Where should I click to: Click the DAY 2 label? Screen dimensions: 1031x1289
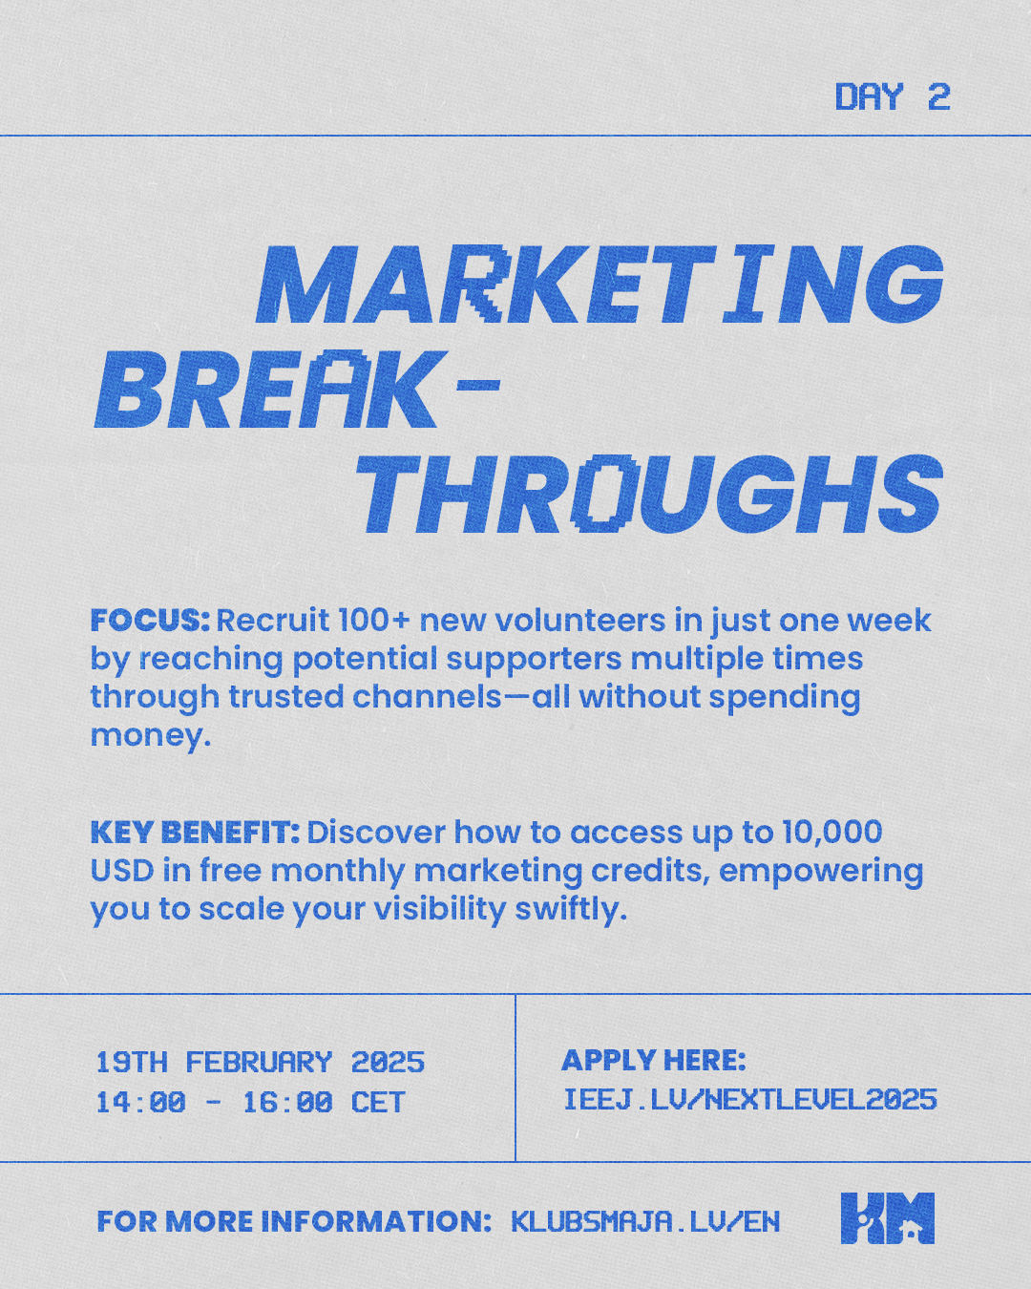pyautogui.click(x=893, y=96)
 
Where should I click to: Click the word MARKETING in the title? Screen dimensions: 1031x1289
pyautogui.click(x=600, y=285)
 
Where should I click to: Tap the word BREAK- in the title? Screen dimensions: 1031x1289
pyautogui.click(x=297, y=390)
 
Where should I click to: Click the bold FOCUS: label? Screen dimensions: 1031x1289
pyautogui.click(x=151, y=621)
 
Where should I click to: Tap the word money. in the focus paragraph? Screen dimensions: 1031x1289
pyautogui.click(x=151, y=735)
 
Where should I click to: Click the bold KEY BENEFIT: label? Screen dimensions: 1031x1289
pyautogui.click(x=196, y=833)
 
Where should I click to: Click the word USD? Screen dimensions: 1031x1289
pyautogui.click(x=122, y=871)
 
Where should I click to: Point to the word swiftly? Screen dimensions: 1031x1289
pyautogui.click(x=571, y=909)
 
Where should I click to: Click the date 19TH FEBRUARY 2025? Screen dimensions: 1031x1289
pyautogui.click(x=260, y=1063)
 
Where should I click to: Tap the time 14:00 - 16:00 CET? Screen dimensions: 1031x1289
pyautogui.click(x=251, y=1103)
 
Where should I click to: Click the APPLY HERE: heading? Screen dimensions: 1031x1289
pyautogui.click(x=654, y=1060)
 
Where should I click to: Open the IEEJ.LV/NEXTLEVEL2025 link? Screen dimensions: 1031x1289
pyautogui.click(x=750, y=1100)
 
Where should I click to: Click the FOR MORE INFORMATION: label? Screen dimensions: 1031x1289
pyautogui.click(x=294, y=1221)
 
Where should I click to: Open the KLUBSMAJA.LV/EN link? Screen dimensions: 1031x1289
pyautogui.click(x=645, y=1221)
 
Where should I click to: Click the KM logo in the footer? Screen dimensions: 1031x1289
pyautogui.click(x=888, y=1217)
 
